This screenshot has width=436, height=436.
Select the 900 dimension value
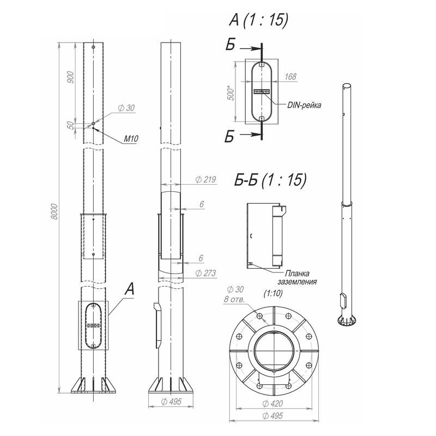(71, 77)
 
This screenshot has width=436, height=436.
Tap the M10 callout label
(131, 139)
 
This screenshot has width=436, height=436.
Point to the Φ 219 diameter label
(206, 180)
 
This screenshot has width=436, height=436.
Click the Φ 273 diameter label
(206, 273)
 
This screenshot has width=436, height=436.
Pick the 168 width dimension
(290, 76)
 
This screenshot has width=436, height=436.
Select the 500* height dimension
(231, 93)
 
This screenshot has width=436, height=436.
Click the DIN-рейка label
(304, 105)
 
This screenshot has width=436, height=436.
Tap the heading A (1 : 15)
(258, 20)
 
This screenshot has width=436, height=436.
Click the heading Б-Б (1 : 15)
(270, 180)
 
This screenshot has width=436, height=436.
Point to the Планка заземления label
(297, 277)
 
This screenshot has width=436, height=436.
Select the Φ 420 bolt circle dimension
(272, 403)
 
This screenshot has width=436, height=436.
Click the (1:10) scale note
(273, 293)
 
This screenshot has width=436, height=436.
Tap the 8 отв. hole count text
(234, 299)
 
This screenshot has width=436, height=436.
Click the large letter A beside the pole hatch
(130, 289)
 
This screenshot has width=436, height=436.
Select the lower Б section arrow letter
(229, 136)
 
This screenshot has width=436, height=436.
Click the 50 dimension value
(71, 126)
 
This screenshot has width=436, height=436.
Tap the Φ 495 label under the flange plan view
(272, 416)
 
